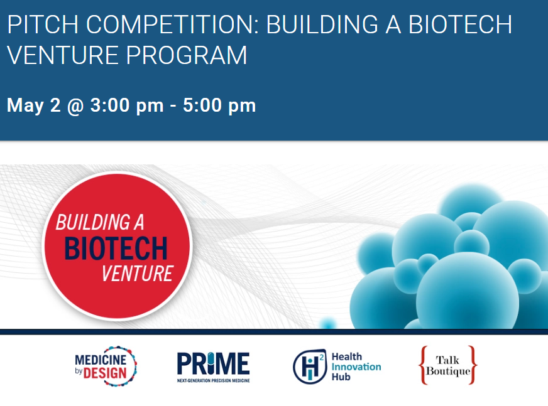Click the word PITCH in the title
click(x=43, y=24)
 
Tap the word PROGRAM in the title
click(x=187, y=55)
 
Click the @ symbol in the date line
click(x=75, y=105)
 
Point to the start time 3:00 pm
click(x=127, y=105)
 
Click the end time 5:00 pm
click(x=219, y=105)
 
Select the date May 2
click(x=33, y=105)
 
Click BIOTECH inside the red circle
click(x=116, y=248)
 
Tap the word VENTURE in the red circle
click(x=137, y=274)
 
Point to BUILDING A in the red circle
click(x=100, y=222)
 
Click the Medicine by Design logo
click(x=106, y=366)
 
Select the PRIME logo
click(x=213, y=366)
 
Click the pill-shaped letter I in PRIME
click(x=211, y=363)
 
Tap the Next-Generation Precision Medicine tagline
click(x=213, y=380)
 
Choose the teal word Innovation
click(x=356, y=366)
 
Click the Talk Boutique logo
click(x=447, y=365)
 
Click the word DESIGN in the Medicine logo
click(x=105, y=373)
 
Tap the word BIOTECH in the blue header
click(x=460, y=24)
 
